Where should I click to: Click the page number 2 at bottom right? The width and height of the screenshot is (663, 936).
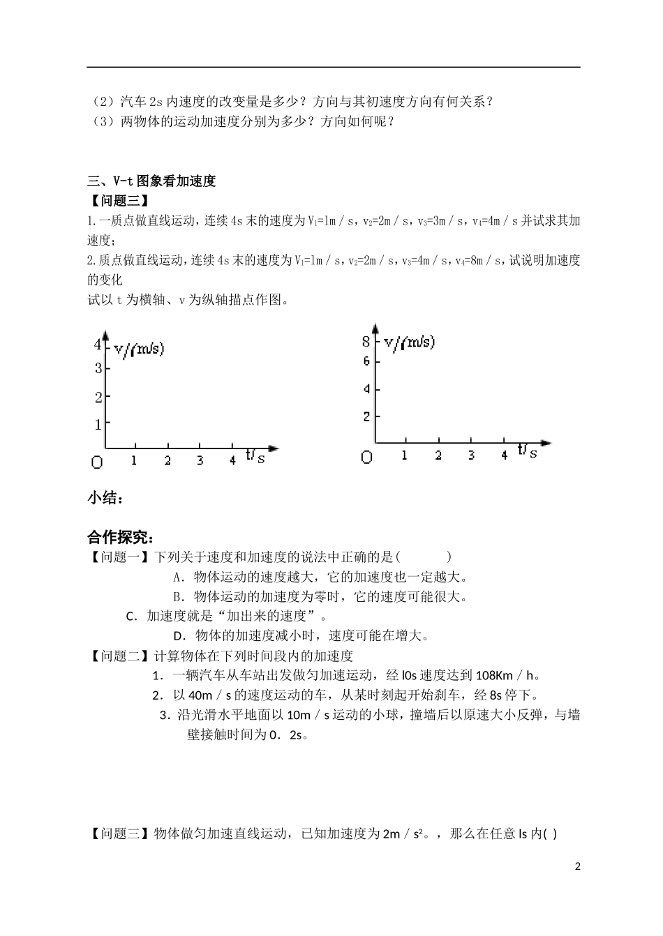tap(577, 867)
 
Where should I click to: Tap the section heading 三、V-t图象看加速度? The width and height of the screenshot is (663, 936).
tap(151, 181)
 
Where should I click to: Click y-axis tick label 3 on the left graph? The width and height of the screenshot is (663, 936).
tap(98, 368)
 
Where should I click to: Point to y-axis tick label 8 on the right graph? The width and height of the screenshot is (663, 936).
tap(366, 342)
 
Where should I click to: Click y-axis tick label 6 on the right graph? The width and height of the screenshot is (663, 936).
tap(366, 361)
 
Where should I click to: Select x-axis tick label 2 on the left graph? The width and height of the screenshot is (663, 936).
tap(167, 460)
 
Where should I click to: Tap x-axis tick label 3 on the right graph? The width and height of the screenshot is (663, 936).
tap(472, 455)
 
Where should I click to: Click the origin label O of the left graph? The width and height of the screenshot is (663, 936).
tap(96, 462)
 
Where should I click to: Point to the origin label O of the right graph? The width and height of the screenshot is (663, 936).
tap(366, 458)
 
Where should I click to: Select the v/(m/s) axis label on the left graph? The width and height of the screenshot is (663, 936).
tap(139, 348)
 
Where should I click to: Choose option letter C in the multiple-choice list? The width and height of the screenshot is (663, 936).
tap(131, 616)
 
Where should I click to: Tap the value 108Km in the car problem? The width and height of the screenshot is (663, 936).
tap(495, 675)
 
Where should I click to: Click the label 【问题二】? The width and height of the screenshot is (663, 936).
tap(119, 656)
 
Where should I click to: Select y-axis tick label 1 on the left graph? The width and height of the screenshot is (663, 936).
tap(98, 424)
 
